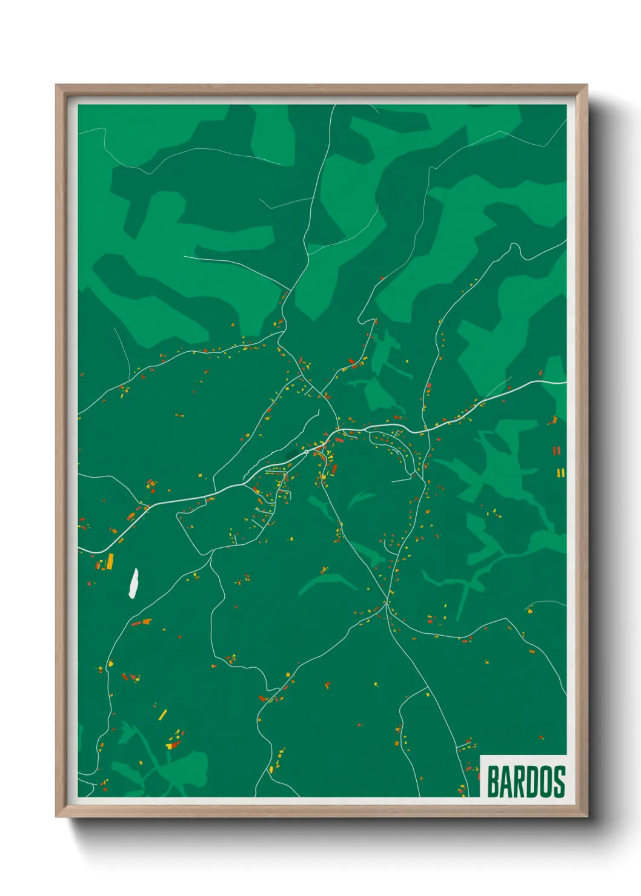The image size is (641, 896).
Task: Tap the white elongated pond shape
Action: pos(133,583)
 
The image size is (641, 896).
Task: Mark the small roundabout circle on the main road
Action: pos(307,451)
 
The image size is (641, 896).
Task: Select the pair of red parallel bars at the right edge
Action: pos(556,450)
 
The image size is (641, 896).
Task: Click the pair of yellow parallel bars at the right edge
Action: pos(561,472)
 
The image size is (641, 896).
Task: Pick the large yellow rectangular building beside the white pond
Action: pos(110,561)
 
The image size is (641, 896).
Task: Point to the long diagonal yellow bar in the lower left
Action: pos(162,715)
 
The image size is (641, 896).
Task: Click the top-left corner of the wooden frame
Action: pos(57,86)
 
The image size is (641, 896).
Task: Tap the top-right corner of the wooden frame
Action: pos(586,86)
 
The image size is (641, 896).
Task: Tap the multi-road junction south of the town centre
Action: pos(386,602)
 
